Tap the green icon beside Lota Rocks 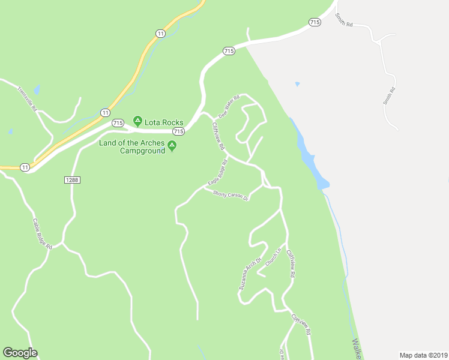pos(137,122)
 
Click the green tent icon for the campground pos(172,145)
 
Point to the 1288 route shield pos(71,179)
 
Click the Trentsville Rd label pos(28,100)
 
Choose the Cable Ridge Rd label pos(42,233)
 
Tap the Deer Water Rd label pos(229,106)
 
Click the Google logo pos(20,353)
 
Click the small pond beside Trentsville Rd pos(37,91)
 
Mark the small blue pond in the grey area pos(297,84)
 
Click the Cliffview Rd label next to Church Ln pos(291,263)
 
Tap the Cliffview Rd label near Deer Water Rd pos(218,136)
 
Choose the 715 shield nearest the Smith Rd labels pos(314,22)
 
